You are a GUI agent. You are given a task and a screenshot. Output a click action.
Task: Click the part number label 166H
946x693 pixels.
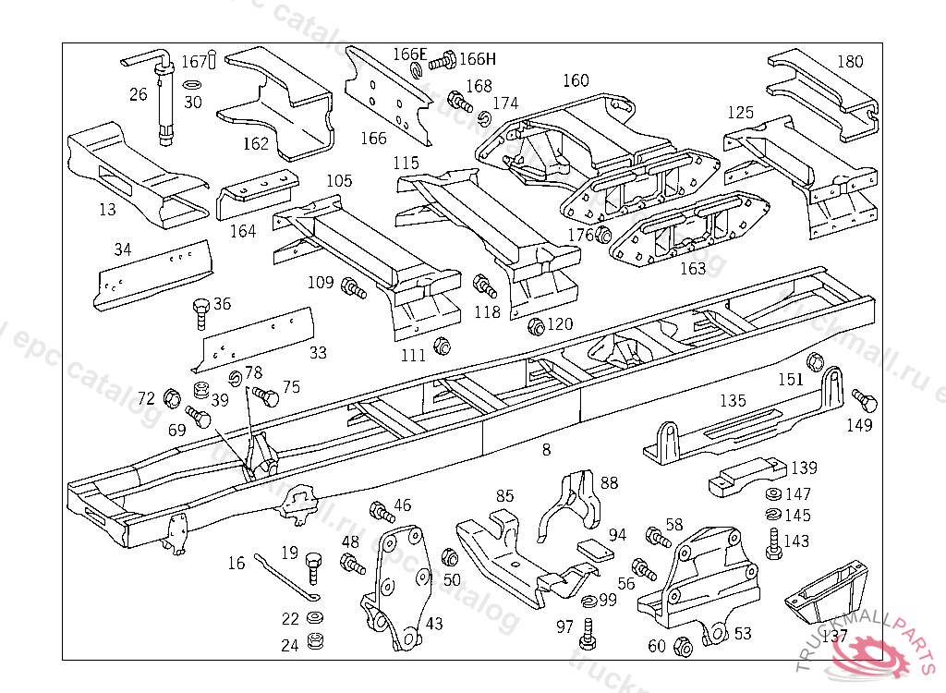coord(478,59)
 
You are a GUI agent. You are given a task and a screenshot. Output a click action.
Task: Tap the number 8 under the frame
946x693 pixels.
coord(546,450)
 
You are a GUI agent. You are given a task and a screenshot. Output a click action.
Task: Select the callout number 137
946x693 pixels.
coord(834,636)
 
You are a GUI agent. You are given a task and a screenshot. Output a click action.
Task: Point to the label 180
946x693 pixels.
coord(850,62)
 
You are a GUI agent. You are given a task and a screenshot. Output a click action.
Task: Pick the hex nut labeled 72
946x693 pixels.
coord(171,399)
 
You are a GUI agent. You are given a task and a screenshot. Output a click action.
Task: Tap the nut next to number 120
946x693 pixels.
coord(535,327)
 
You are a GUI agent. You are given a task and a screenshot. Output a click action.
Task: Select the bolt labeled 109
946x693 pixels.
coord(354,287)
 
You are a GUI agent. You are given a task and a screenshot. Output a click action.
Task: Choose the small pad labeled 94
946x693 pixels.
coord(596,549)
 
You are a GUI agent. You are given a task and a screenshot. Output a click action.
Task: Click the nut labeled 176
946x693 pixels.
coord(604,235)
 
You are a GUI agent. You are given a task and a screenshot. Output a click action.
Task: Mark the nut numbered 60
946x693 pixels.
coord(684,646)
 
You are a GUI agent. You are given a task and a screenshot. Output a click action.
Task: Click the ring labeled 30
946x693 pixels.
coord(191,85)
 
